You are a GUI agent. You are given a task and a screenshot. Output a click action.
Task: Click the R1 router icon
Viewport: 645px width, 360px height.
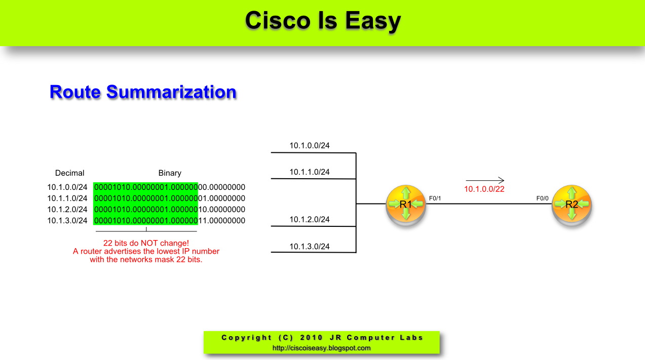[x=405, y=205]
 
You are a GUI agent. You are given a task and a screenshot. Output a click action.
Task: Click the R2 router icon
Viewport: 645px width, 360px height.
[x=572, y=205]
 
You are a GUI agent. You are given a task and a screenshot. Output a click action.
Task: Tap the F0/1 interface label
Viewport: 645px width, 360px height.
[x=435, y=198]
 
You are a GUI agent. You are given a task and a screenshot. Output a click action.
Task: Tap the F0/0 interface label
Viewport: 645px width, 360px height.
[x=542, y=198]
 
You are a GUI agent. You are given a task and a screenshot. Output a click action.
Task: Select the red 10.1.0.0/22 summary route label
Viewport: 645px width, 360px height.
[x=484, y=189]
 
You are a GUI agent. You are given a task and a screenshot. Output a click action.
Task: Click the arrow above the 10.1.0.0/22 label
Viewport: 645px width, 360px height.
[x=485, y=180]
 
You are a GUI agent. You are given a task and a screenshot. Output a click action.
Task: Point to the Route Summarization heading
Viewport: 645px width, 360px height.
[x=143, y=92]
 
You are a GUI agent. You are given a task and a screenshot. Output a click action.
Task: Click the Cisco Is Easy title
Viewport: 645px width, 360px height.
[x=323, y=21]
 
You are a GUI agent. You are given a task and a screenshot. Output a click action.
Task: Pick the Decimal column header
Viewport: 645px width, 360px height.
[x=70, y=173]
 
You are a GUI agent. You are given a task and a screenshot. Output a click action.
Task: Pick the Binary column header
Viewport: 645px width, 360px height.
[x=170, y=173]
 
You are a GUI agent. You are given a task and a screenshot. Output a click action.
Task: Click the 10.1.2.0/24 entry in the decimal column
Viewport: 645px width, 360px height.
[x=67, y=210]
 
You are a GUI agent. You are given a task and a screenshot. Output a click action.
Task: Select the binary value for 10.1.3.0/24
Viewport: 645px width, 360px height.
[x=170, y=221]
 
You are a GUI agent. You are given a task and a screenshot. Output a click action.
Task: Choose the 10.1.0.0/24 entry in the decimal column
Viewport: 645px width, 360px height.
[x=67, y=187]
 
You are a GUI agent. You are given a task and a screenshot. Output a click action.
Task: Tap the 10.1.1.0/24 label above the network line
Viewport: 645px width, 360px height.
[x=310, y=172]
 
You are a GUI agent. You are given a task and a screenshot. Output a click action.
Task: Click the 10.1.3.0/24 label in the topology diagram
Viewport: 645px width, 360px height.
[x=310, y=247]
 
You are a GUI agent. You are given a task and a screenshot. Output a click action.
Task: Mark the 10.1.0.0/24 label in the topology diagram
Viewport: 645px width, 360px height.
[x=310, y=146]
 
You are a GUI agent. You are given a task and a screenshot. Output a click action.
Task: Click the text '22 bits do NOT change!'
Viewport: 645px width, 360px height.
[x=146, y=244]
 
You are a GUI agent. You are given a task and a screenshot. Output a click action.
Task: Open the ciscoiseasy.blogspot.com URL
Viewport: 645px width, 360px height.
[x=321, y=348]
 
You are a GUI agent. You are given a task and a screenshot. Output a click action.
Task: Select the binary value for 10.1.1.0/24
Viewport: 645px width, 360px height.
[x=170, y=198]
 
